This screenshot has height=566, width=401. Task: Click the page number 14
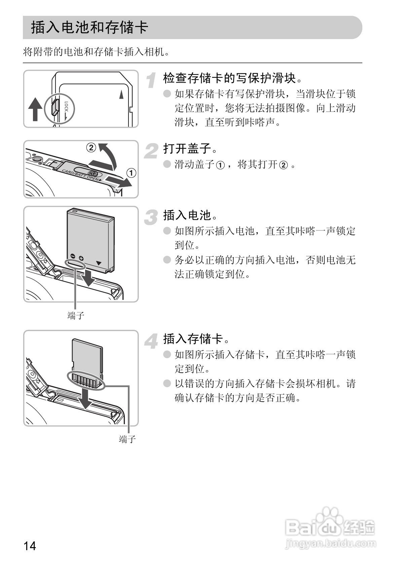click(x=30, y=545)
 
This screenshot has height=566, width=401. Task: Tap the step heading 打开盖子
click(x=190, y=148)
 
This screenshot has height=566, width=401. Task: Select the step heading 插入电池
click(x=190, y=215)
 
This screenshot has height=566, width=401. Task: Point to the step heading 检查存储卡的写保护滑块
click(x=232, y=78)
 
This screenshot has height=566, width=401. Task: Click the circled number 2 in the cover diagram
click(x=91, y=148)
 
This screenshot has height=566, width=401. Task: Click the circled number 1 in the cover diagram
click(x=131, y=173)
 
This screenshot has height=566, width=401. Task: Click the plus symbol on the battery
click(x=81, y=258)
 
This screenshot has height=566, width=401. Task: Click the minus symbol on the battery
click(x=72, y=256)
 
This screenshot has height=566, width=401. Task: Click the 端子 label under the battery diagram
click(x=76, y=316)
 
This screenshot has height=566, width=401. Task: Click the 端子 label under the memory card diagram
click(x=127, y=439)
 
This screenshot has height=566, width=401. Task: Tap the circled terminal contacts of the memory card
click(x=86, y=380)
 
